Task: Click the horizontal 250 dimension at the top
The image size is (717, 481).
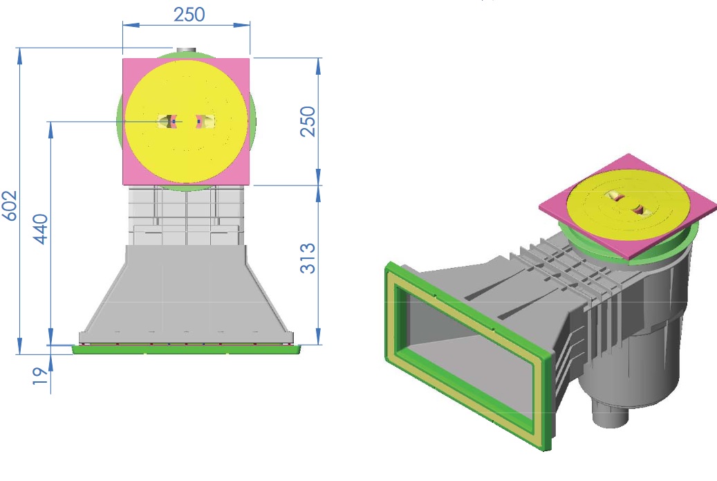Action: tap(189, 15)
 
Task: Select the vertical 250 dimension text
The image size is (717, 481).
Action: tap(308, 121)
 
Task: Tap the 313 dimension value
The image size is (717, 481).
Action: tap(308, 258)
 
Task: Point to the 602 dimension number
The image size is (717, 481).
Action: tap(10, 206)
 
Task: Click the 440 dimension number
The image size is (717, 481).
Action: tap(40, 229)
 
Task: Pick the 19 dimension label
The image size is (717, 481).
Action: tap(40, 375)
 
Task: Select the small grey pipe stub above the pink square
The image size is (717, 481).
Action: tap(186, 51)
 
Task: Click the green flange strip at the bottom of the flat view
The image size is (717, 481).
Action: tap(187, 350)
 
